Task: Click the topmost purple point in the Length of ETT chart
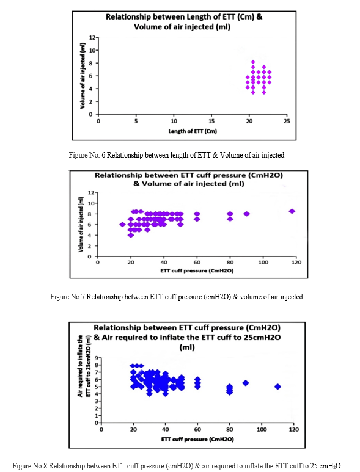253,62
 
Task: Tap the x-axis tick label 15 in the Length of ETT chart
211,121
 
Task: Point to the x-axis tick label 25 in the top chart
287,121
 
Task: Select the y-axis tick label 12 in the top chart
92,38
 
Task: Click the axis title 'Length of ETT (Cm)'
193,131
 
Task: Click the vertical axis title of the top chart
83,76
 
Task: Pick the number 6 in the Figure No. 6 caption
103,155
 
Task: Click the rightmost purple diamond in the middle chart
292,211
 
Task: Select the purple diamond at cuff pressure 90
246,214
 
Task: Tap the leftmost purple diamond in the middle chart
122,225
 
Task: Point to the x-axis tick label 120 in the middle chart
296,262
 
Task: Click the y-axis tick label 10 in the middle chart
91,203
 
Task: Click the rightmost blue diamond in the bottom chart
277,387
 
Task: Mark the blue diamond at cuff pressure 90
246,383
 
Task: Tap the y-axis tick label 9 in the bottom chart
97,358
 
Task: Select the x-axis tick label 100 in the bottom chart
262,429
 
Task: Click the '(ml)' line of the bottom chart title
187,347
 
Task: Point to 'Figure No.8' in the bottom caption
30,466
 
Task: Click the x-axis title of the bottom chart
197,440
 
